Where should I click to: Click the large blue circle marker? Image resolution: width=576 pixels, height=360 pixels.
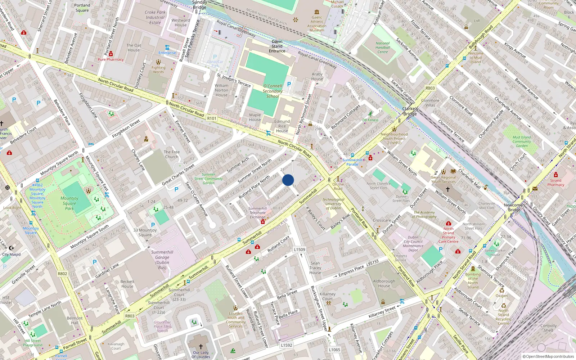(288, 180)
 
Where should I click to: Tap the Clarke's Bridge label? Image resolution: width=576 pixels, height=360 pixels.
(410, 111)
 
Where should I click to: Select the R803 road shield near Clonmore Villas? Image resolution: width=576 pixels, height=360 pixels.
(430, 88)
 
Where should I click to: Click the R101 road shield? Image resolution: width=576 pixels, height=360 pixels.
(212, 118)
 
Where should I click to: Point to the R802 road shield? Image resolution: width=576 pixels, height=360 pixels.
(62, 274)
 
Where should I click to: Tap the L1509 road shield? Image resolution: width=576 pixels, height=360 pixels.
(300, 249)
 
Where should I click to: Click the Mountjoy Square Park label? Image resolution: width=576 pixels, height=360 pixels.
(69, 203)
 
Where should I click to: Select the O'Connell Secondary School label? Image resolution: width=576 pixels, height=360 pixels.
(273, 91)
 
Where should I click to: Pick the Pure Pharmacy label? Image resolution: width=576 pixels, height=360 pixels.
(111, 59)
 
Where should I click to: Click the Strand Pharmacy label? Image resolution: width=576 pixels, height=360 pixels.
(556, 183)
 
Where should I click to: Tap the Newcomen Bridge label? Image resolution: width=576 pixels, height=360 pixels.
(514, 207)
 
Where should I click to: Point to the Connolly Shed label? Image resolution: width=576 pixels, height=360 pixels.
(548, 328)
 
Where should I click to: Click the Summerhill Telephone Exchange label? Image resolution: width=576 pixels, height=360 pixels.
(258, 213)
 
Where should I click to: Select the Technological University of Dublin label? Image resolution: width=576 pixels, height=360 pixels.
(333, 204)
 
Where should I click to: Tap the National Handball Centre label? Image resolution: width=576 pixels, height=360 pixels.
(383, 48)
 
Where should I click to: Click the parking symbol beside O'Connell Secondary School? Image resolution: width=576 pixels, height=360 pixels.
(289, 84)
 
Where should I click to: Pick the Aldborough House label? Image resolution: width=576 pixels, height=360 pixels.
(384, 283)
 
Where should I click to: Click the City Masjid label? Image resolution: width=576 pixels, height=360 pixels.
(12, 254)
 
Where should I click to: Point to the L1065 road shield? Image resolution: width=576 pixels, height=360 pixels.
(334, 350)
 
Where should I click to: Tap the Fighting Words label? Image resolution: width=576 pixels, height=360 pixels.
(158, 69)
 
